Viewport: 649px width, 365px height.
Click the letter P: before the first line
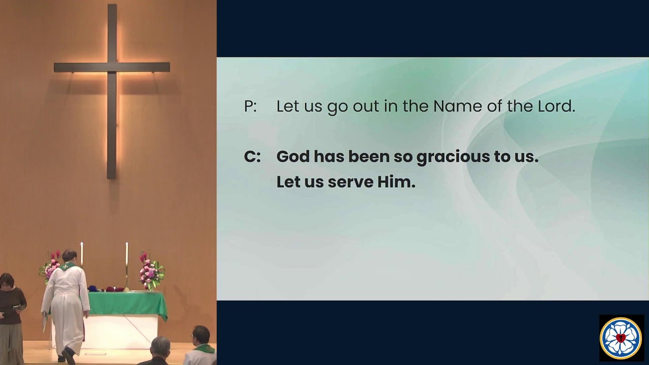coord(250,106)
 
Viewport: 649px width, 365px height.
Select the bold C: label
coord(252,157)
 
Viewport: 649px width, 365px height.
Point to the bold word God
coord(293,157)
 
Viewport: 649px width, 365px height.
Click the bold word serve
coord(351,182)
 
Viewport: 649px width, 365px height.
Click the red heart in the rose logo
coord(621,338)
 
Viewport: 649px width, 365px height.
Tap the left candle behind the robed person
coord(82,253)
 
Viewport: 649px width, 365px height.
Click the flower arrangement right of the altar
coord(151,271)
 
